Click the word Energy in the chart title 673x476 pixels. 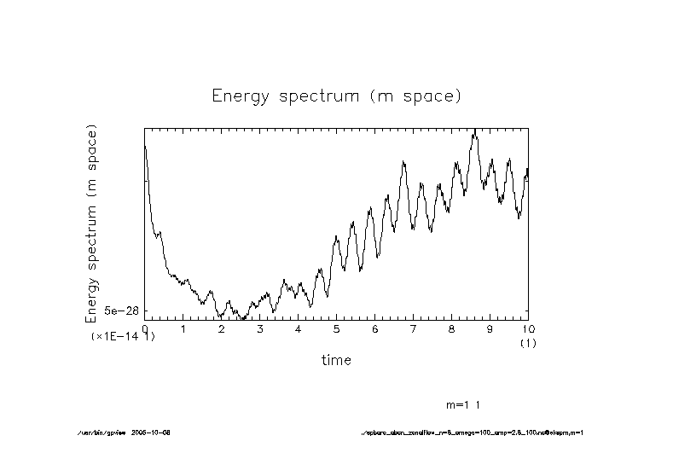click(x=238, y=96)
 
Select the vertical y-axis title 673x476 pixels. click(x=92, y=223)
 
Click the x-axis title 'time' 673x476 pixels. click(x=336, y=360)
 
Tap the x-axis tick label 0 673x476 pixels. click(x=145, y=329)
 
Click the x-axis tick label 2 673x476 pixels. click(x=222, y=329)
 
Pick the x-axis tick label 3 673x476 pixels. click(x=260, y=329)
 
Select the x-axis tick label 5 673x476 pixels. click(x=337, y=329)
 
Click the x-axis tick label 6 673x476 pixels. click(x=375, y=329)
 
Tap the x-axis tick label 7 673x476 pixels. click(x=414, y=329)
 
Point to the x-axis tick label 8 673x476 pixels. click(x=452, y=329)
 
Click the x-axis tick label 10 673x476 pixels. click(x=528, y=329)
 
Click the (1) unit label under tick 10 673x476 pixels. click(x=528, y=343)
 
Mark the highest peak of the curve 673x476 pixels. click(x=474, y=130)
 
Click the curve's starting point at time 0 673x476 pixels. click(x=145, y=147)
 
